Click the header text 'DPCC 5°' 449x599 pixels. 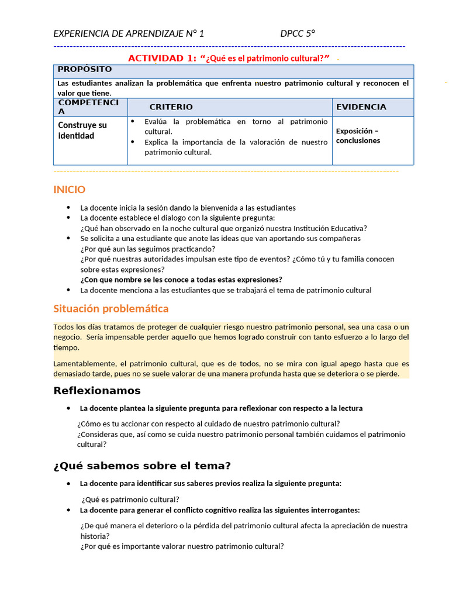(298, 33)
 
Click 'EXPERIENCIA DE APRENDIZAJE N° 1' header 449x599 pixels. (129, 33)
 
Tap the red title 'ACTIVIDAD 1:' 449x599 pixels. (162, 58)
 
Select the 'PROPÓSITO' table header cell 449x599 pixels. (85, 70)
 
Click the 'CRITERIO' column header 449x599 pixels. (171, 107)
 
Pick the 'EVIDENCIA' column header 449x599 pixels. (361, 107)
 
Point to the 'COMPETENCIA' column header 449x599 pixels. (88, 107)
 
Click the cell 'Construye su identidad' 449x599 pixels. (82, 130)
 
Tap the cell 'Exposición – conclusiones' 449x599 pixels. (358, 136)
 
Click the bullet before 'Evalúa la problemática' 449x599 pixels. (133, 122)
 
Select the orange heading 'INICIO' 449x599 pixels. (69, 190)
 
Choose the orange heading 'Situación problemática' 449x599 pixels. (110, 308)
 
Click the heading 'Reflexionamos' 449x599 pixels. (97, 391)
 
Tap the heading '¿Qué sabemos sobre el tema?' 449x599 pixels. (142, 466)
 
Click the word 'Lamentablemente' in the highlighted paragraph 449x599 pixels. (80, 363)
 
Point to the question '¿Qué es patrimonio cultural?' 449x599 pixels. (130, 500)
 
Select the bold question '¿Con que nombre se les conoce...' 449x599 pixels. (181, 280)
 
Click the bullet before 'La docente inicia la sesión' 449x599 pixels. (68, 208)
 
